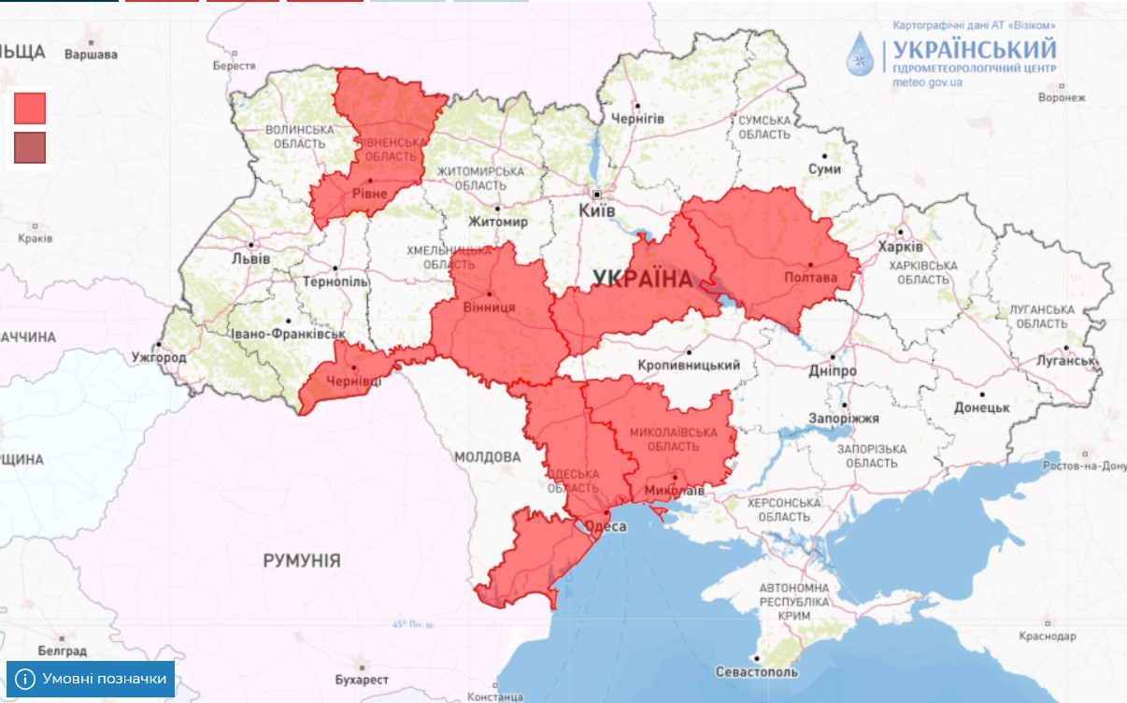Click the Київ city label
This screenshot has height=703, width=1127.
point(597,211)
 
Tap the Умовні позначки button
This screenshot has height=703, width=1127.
point(91,679)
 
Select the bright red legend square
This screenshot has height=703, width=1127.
point(30,108)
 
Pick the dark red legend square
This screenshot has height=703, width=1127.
point(30,148)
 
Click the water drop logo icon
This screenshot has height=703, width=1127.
point(861,53)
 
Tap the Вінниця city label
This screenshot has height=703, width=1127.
point(489,307)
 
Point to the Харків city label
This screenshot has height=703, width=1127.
point(900,247)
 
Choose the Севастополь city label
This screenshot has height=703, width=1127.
point(756,672)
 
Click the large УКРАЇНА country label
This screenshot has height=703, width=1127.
point(643,279)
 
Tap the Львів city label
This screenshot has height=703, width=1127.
point(250,258)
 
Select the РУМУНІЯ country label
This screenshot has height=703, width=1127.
point(301,561)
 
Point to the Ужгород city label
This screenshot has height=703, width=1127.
point(158,357)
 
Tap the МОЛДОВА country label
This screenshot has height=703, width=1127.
point(487,457)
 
